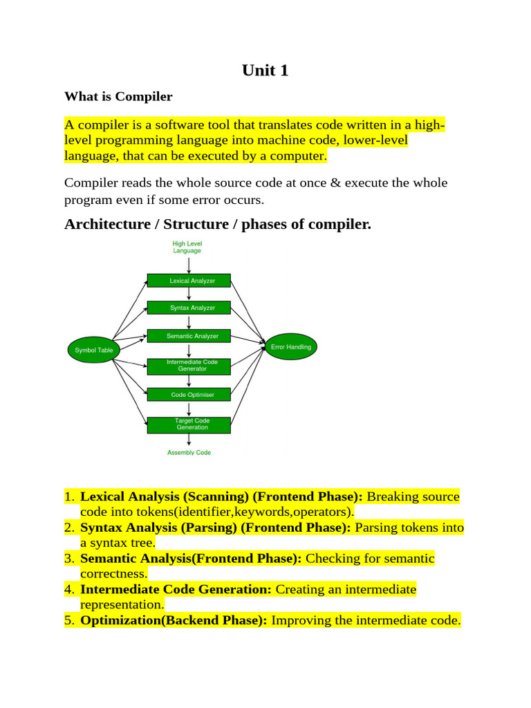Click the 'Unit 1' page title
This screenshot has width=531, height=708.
265,70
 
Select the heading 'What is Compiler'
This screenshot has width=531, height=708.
118,96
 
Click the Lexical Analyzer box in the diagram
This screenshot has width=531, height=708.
189,281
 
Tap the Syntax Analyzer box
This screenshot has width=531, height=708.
189,308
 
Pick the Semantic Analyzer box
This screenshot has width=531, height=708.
189,336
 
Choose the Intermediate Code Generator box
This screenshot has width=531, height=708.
189,365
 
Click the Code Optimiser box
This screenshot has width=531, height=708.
189,395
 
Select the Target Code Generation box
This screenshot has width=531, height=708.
189,424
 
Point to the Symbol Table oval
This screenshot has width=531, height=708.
94,350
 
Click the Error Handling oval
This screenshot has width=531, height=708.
291,346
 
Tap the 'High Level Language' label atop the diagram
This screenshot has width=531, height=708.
187,247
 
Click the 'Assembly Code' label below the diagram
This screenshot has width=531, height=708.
189,453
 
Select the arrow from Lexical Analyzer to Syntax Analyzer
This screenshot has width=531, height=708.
189,294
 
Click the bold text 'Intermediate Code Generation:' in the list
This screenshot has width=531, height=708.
177,590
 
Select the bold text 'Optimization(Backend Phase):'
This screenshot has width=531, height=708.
174,620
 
